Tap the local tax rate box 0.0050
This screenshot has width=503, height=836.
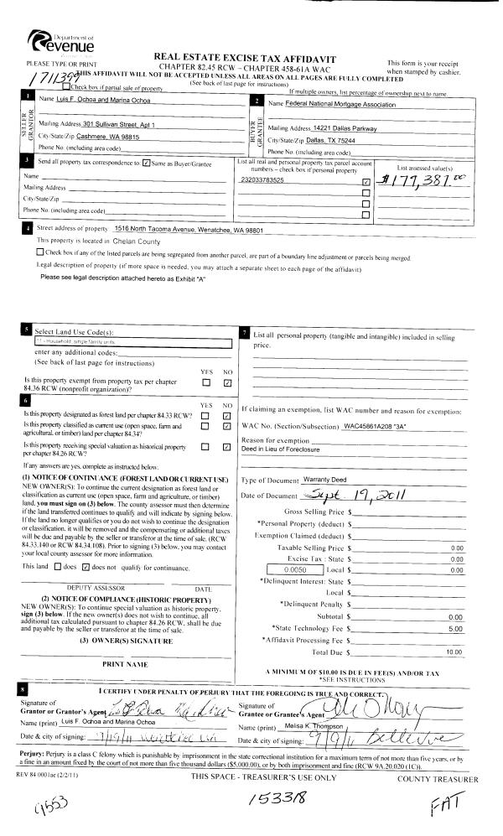293,547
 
